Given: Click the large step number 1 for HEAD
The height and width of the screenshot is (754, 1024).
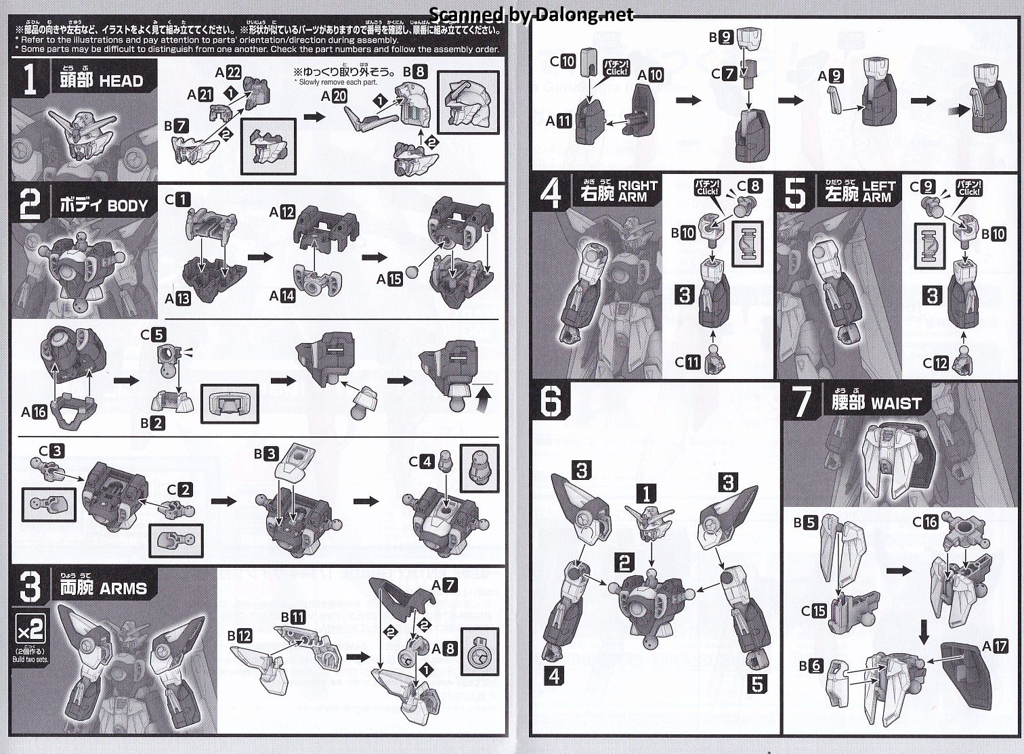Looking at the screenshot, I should [x=30, y=80].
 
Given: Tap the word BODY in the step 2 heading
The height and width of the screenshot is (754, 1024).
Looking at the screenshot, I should [x=127, y=206].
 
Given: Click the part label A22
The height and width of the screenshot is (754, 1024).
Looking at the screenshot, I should [x=228, y=73].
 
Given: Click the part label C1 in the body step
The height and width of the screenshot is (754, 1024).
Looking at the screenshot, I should [x=177, y=200].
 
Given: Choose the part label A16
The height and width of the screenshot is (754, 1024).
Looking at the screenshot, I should [x=34, y=411].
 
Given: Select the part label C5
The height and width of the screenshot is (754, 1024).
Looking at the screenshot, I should [x=152, y=334].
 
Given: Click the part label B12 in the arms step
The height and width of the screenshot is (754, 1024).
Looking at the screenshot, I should [x=240, y=636].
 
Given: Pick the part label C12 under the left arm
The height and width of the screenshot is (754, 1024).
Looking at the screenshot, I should [x=936, y=363].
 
